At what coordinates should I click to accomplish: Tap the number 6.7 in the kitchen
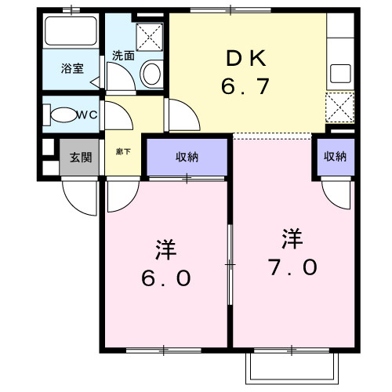point(246,85)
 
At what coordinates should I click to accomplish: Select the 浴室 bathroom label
point(73,69)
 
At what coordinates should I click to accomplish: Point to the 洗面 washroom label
point(122,56)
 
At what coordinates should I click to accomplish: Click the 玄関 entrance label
point(80,158)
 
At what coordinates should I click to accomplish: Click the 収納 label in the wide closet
point(187,157)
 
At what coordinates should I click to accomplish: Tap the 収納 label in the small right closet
point(335,156)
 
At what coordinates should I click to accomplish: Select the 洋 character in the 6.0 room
point(165,250)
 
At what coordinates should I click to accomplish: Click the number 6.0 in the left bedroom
point(166,279)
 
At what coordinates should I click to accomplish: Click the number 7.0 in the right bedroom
point(292,267)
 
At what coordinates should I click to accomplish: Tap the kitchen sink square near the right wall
point(339,74)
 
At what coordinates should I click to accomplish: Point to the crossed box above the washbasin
point(149,35)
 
